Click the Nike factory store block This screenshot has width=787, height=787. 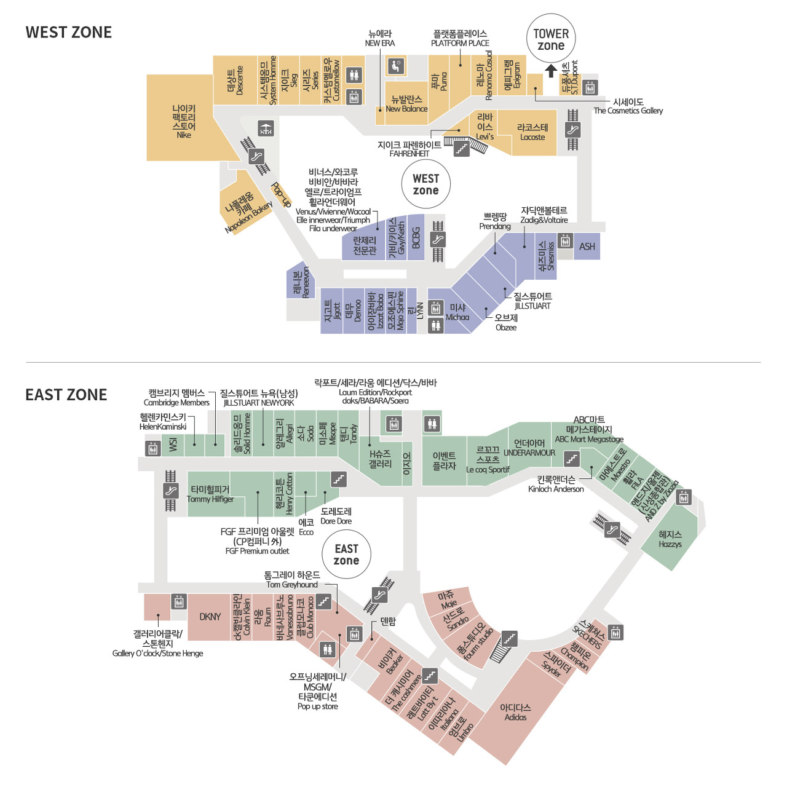coord(183,121)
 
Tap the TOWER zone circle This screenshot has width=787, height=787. coord(551,39)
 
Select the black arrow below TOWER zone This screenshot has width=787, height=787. coord(551,70)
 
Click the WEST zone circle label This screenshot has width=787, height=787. coord(425,184)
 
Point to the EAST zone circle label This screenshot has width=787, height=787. coord(346,554)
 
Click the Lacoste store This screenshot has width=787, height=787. coord(532,132)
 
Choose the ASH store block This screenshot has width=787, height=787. coord(587,247)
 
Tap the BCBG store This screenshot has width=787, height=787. coord(416,238)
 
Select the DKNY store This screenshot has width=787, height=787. coord(210,617)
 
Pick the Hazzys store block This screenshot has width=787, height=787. coord(670,539)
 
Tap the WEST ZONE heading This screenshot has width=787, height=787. coord(68,33)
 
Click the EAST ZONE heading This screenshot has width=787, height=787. coord(66,395)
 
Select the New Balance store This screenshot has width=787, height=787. coord(406,103)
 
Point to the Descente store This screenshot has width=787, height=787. coord(235,81)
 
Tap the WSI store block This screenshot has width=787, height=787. coord(173,445)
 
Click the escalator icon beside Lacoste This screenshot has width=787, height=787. coord(572,130)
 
